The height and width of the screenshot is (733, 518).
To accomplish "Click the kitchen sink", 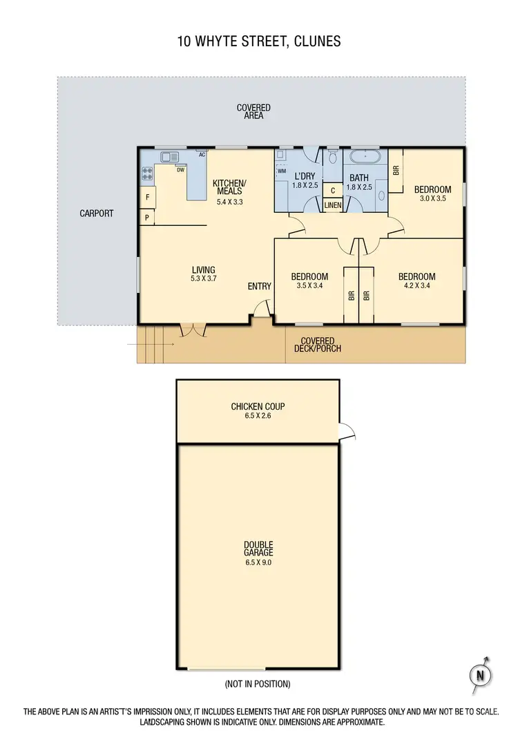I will click(x=170, y=157).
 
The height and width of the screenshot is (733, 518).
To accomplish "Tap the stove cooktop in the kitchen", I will click(x=147, y=175).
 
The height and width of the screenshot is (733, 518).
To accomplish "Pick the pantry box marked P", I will click(x=147, y=218).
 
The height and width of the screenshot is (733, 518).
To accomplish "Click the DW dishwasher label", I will click(x=180, y=169).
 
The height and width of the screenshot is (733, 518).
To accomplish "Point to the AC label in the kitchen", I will click(x=202, y=155).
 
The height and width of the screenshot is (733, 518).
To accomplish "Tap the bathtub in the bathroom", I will click(x=363, y=158).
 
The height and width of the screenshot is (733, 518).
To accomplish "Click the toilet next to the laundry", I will click(x=333, y=158).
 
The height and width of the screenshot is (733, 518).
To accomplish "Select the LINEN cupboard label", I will click(x=332, y=206).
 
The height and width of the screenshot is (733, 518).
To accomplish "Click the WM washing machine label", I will click(x=282, y=170).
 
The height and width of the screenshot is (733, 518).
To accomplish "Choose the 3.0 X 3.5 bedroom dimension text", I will click(x=432, y=199).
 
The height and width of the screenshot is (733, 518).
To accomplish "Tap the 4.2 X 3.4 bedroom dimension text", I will click(x=417, y=285).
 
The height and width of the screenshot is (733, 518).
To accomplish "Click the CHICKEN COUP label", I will click(x=258, y=406).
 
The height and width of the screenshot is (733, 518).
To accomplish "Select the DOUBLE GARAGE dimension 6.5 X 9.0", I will click(x=258, y=562).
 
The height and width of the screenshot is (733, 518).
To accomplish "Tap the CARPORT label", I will click(x=97, y=213).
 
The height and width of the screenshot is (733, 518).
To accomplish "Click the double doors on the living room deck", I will click(x=192, y=330).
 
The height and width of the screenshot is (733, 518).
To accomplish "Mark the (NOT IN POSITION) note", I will click(x=258, y=684).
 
